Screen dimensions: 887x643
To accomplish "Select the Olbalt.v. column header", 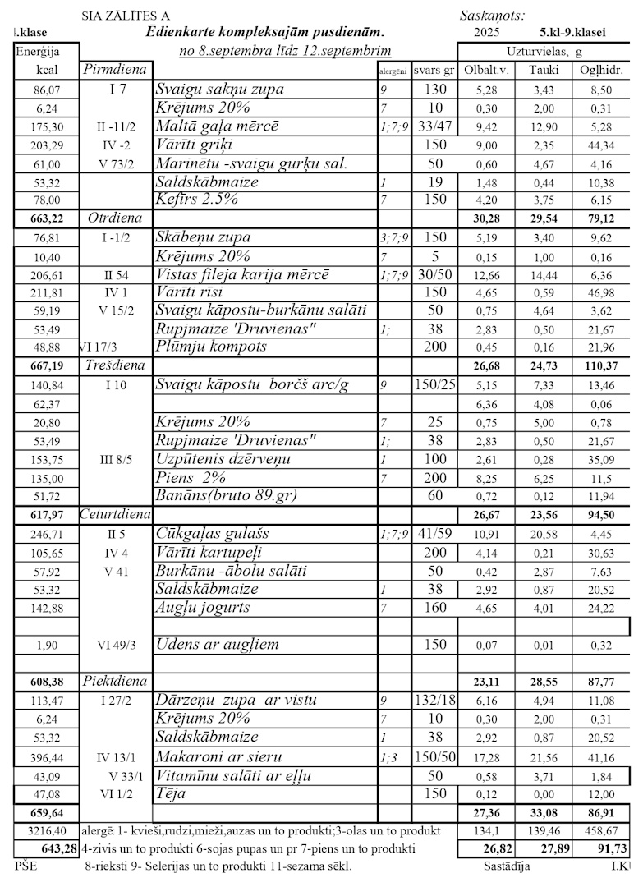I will (487, 70).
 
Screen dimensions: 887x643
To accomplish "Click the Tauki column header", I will (544, 70).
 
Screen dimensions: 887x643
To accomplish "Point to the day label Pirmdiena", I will (115, 70).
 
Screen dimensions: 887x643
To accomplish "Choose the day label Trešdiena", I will (114, 364).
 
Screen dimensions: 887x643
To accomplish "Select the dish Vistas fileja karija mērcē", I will (242, 274).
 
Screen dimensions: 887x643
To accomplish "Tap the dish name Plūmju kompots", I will (211, 346).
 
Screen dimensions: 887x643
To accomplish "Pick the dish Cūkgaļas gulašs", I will (212, 534).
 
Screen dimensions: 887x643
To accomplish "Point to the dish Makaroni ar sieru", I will (219, 756).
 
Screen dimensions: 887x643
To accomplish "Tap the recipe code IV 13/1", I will (116, 756).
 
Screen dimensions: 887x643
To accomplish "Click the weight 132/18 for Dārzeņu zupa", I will (430, 700).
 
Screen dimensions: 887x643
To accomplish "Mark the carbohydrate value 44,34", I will (599, 145).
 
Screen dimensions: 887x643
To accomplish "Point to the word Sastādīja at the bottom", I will (506, 866).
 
